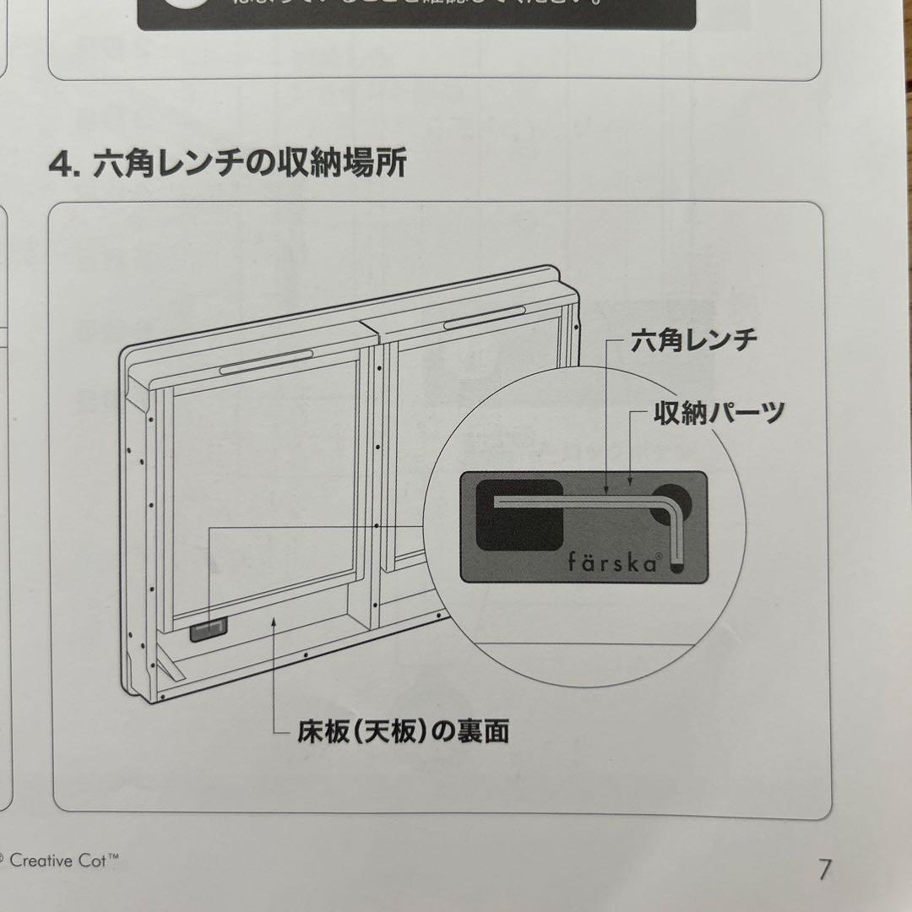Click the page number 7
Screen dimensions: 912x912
point(824,868)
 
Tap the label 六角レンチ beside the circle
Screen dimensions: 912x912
point(694,342)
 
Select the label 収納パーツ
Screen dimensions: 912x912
point(719,413)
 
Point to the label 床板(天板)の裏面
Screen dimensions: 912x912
point(403,731)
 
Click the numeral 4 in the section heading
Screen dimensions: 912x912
point(62,163)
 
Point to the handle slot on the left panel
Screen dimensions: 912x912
point(266,361)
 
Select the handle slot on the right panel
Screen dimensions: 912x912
point(484,318)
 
